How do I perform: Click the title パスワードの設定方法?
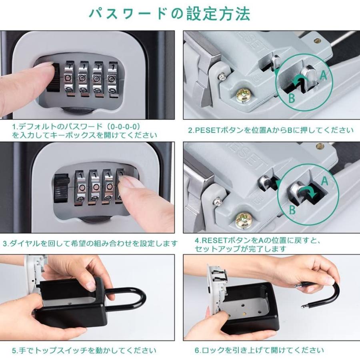(x=169, y=14)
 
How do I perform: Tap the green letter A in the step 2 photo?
(x=323, y=75)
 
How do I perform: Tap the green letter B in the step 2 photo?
(x=291, y=98)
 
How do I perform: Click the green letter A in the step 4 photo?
(x=324, y=181)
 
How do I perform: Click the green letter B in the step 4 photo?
(x=292, y=210)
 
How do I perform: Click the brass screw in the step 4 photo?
(x=244, y=220)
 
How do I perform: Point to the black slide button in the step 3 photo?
(x=62, y=188)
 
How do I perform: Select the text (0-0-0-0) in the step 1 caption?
(x=124, y=126)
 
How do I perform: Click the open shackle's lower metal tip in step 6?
(x=305, y=306)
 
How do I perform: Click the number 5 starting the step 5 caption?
(x=14, y=350)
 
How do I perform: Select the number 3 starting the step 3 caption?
(x=6, y=243)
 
